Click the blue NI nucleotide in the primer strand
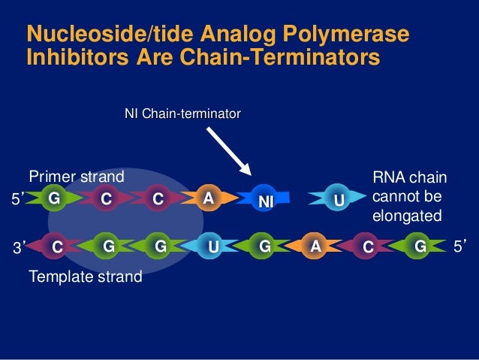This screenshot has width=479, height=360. point(264,201)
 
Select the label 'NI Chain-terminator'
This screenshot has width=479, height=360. point(182,113)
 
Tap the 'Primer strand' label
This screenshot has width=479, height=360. point(76,177)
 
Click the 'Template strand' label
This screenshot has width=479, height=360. point(85,277)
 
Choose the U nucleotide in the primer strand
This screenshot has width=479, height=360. point(339,201)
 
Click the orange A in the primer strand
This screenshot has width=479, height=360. point(209,198)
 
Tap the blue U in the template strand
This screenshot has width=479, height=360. point(213,245)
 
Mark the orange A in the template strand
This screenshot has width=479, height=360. point(316,245)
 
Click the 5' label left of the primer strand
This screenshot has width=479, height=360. point(19,199)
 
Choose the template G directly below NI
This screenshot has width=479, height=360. point(264,245)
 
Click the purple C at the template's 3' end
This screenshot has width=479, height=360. point(57,245)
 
